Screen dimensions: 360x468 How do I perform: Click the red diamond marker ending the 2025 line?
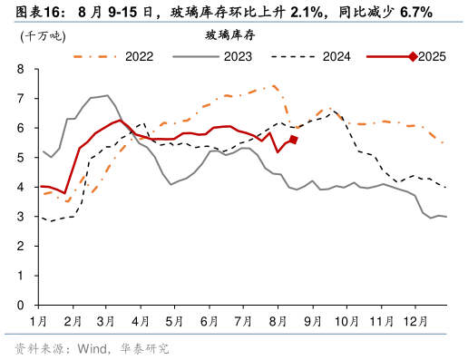coord(293,140)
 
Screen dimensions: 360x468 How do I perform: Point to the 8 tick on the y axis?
coord(21,69)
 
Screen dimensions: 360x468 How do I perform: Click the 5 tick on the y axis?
coord(21,158)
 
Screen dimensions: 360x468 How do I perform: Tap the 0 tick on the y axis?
coord(21,306)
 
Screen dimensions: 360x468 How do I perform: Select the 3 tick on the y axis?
coord(21,218)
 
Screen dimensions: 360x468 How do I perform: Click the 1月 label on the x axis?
coord(38,322)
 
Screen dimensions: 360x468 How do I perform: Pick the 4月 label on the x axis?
coord(141,322)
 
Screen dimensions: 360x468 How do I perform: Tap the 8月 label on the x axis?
coord(278,322)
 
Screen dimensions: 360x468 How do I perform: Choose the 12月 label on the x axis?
coord(415,322)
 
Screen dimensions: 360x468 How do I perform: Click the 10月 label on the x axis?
coord(346,322)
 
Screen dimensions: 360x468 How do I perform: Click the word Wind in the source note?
coord(93,348)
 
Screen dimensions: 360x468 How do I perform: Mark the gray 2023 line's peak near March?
coord(107,95)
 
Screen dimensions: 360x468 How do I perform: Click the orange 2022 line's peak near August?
coord(274,86)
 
